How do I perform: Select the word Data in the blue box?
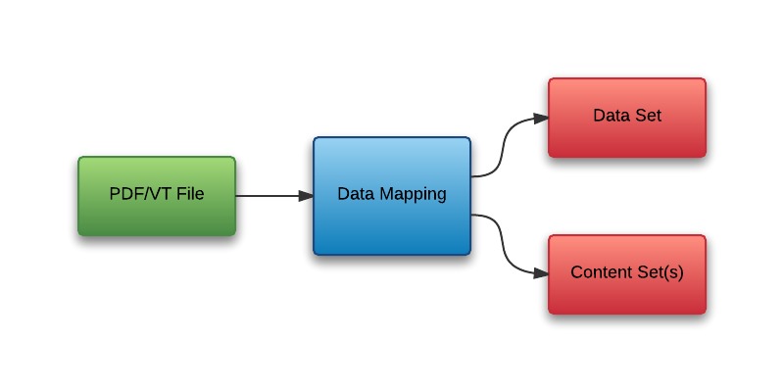click(354, 194)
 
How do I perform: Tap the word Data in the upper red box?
click(611, 116)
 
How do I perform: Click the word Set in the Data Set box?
click(648, 116)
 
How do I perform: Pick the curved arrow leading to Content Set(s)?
click(504, 245)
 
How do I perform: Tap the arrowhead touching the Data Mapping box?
click(306, 195)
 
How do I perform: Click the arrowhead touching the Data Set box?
click(541, 119)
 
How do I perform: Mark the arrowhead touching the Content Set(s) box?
click(541, 273)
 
